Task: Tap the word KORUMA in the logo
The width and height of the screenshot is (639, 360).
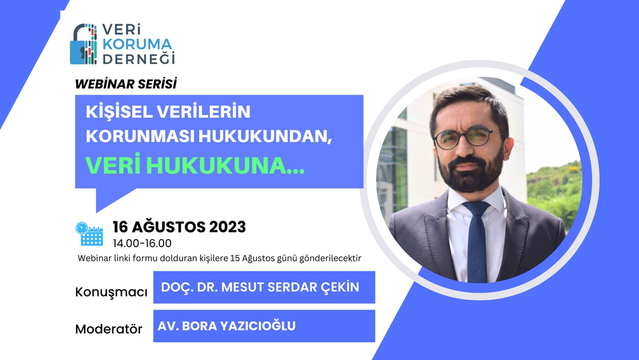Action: [x=136, y=44]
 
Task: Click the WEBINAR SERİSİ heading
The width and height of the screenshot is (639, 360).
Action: [x=126, y=84]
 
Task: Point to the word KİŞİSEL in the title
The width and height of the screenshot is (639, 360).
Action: [x=123, y=111]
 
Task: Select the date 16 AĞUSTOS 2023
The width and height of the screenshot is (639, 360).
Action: [x=179, y=226]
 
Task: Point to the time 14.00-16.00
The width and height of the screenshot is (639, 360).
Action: [x=142, y=243]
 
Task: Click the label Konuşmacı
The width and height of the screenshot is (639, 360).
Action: [x=111, y=292]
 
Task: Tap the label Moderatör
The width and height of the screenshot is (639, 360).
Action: [x=109, y=330]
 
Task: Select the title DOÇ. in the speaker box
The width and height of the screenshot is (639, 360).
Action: [x=174, y=287]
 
